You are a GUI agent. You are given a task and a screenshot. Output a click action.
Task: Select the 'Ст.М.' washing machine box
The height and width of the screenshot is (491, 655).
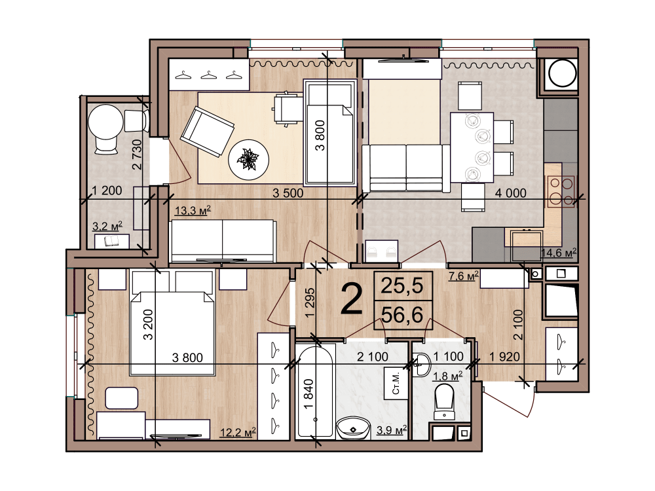coord(396,384)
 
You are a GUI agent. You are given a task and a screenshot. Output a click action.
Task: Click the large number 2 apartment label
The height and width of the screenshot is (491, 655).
coord(351,299)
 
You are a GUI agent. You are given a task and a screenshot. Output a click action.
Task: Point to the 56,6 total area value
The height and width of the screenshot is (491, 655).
coord(403,314)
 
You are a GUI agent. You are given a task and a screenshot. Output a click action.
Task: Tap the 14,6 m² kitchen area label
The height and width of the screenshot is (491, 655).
coord(559,253)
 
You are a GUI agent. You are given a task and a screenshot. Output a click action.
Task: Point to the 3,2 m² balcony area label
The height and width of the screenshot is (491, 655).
coord(107,227)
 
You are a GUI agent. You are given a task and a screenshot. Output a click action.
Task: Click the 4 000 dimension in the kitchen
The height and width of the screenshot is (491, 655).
coord(510,193)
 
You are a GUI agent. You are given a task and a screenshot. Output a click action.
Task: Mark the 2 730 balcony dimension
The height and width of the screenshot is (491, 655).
coord(137,155)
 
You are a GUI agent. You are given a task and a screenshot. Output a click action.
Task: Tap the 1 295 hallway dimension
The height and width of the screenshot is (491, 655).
coord(310,302)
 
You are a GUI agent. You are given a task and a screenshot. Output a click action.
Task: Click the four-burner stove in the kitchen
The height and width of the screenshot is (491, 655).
coord(561,191)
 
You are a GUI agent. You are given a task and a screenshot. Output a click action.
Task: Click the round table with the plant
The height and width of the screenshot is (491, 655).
coord(248,160)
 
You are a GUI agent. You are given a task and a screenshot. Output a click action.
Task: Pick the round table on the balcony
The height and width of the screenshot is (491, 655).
coord(105,122)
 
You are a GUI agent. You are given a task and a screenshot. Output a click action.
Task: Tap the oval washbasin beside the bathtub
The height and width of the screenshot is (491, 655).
coord(354,428)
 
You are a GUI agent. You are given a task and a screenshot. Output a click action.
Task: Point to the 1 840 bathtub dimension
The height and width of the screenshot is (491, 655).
coord(309,395)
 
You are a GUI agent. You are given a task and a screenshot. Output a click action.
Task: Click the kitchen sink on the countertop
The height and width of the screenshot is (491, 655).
coord(527,238)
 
